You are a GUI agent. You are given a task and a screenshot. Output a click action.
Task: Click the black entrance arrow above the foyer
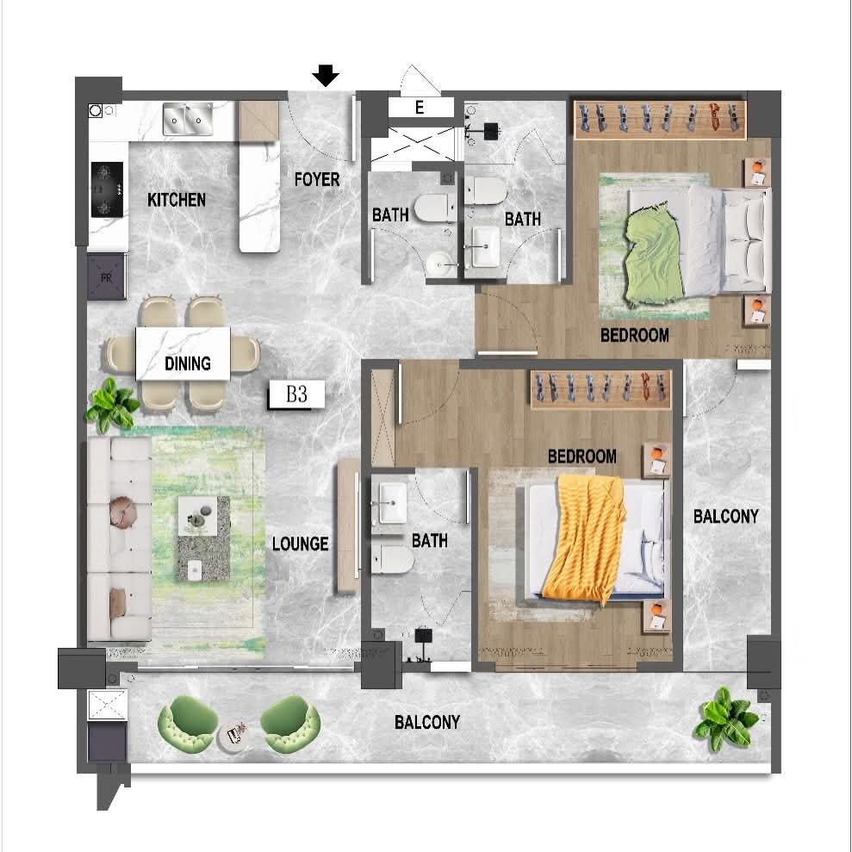pos(326,76)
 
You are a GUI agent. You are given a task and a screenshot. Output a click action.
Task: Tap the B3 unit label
pos(296,395)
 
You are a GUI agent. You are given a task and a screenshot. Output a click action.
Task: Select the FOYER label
pos(317,179)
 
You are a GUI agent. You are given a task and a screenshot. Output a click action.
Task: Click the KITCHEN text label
pos(177,200)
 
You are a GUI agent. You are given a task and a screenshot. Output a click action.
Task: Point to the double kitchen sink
pos(188,119)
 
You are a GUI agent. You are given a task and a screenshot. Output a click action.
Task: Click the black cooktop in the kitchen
pos(107,190)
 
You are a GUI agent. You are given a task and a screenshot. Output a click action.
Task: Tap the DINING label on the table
pos(188,363)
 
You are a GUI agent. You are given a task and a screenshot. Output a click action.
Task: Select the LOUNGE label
pos(300,544)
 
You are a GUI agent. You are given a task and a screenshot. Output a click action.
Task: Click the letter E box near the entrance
pos(420,108)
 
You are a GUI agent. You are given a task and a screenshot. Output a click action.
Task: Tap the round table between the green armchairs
pos(236,737)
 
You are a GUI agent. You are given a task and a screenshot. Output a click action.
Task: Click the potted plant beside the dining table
pos(112,403)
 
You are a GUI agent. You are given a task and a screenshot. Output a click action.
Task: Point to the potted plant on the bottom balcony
pos(726,718)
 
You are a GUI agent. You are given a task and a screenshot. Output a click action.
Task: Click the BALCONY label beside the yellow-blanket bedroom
pos(726,516)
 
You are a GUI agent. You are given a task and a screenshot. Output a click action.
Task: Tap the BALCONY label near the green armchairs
pos(427,722)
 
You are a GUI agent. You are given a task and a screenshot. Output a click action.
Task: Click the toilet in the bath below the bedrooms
pos(393,560)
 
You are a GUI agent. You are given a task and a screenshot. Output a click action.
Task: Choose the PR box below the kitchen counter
pos(107,277)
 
